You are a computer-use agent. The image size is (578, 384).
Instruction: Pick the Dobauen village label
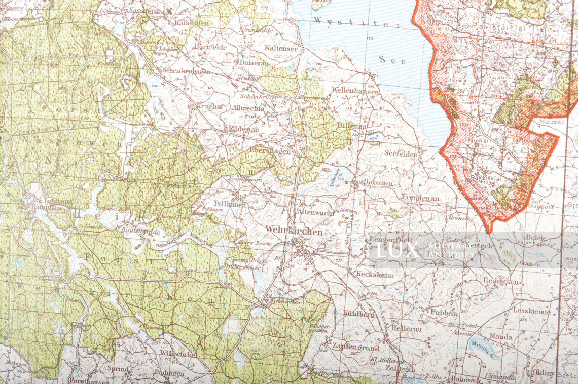[378, 183]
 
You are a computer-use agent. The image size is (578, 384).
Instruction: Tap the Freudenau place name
[420, 198]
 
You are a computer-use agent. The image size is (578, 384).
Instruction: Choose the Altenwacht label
[316, 212]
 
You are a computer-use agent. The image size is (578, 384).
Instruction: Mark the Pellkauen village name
[230, 204]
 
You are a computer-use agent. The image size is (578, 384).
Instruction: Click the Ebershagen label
[270, 150]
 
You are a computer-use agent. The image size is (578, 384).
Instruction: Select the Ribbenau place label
[244, 129]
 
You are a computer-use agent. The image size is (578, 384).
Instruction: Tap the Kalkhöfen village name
[192, 23]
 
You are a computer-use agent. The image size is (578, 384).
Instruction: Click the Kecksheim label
[375, 275]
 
